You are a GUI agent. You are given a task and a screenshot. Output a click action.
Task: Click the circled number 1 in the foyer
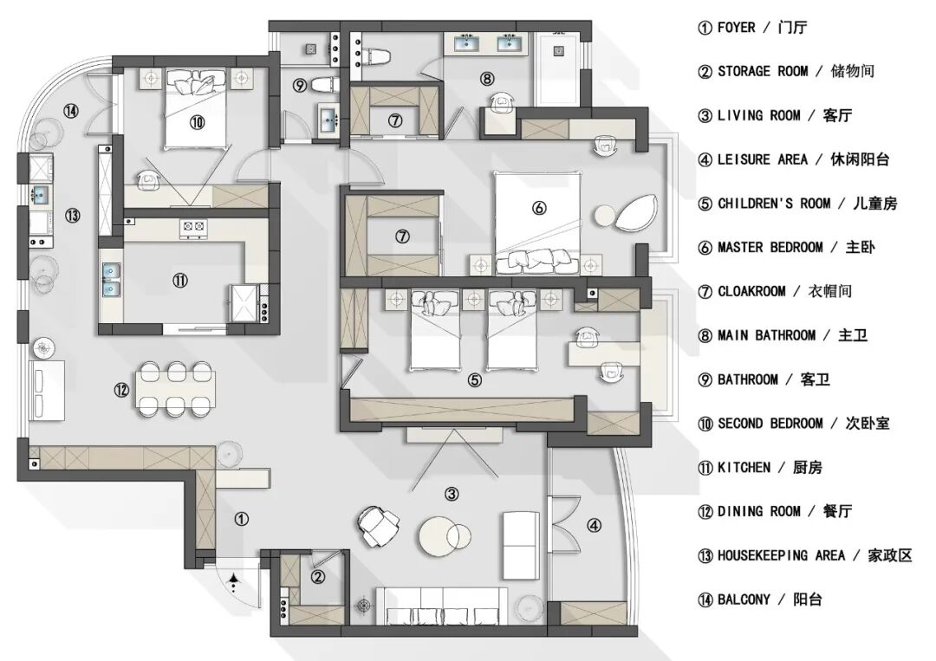[241, 519]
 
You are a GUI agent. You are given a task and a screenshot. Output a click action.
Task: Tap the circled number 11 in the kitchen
[179, 281]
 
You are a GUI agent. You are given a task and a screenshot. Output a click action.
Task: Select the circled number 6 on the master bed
[539, 208]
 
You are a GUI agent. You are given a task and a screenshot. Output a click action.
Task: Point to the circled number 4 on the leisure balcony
[594, 526]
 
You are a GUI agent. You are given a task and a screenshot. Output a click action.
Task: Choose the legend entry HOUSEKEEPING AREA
[782, 556]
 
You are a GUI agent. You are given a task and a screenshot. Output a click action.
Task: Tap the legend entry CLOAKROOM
[751, 292]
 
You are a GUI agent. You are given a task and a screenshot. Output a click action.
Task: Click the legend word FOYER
[736, 28]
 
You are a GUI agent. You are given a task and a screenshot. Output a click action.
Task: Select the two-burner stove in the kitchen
[193, 226]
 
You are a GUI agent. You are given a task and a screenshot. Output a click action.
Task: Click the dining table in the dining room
[175, 389]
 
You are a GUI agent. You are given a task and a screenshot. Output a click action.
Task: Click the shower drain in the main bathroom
[558, 51]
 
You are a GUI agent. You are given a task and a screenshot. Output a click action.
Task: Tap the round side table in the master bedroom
[605, 216]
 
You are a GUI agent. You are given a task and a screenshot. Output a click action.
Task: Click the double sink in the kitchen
[111, 280]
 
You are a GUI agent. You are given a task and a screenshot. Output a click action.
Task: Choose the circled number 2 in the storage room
[318, 576]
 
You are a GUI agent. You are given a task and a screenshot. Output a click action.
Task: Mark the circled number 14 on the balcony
[72, 111]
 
